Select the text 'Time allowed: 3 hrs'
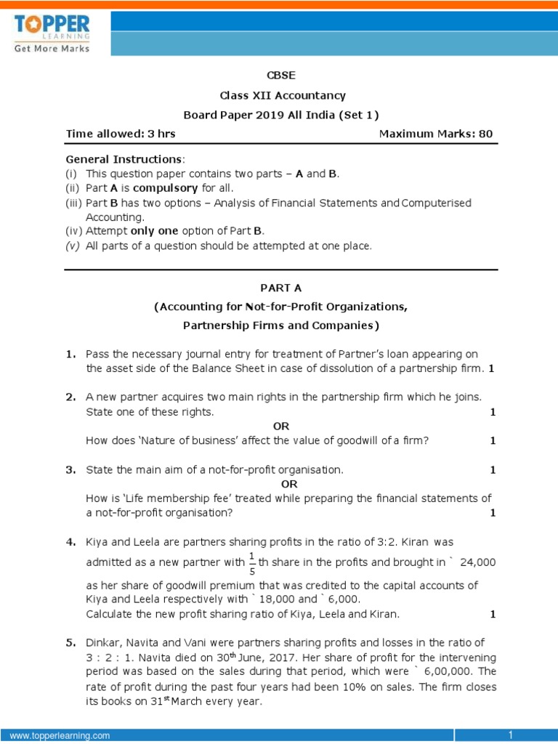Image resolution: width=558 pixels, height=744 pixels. coord(121,134)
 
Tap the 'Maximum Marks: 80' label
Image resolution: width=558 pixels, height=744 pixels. coord(436,134)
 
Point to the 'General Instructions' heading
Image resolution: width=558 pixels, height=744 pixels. coord(124,159)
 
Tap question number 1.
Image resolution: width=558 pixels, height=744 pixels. coord(70,354)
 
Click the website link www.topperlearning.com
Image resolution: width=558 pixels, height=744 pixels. coord(60,736)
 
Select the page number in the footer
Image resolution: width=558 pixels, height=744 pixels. coord(511,735)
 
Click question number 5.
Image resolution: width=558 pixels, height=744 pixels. coord(70,643)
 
